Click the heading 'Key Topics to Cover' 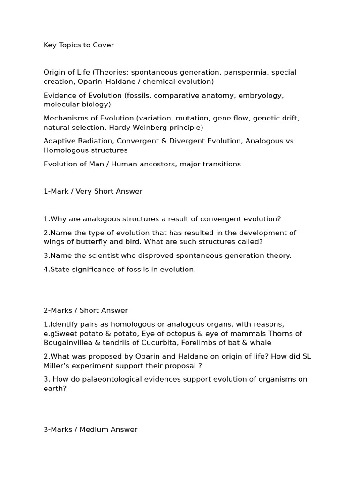pyautogui.click(x=79, y=45)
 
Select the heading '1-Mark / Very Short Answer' pyautogui.click(x=93, y=191)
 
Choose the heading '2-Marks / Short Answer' pyautogui.click(x=85, y=310)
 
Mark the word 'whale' pyautogui.click(x=261, y=343)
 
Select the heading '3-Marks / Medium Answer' pyautogui.click(x=90, y=429)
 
